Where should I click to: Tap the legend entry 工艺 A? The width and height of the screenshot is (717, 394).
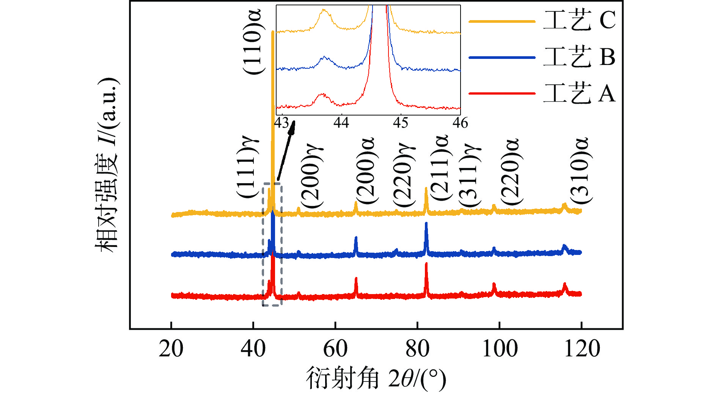[x=579, y=93]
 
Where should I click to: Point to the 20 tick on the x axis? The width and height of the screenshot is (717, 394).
[x=171, y=348]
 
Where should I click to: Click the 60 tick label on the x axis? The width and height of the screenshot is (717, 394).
[x=335, y=348]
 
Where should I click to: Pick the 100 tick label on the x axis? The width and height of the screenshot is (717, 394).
[x=500, y=348]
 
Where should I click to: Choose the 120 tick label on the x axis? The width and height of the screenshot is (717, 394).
[x=582, y=348]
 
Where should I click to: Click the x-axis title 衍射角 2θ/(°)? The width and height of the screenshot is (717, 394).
[x=376, y=378]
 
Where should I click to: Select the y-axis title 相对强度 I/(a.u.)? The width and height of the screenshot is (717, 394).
[x=107, y=165]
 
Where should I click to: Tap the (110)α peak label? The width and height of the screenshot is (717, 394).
[x=252, y=42]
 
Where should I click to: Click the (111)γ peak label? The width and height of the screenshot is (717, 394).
[x=247, y=167]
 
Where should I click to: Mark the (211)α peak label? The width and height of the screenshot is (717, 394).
[x=440, y=167]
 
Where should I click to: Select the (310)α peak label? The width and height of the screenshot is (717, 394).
[x=580, y=171]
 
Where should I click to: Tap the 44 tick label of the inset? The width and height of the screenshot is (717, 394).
[x=341, y=123]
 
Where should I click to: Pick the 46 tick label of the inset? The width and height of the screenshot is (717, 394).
[x=460, y=123]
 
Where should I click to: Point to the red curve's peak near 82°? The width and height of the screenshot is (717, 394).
[x=426, y=264]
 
